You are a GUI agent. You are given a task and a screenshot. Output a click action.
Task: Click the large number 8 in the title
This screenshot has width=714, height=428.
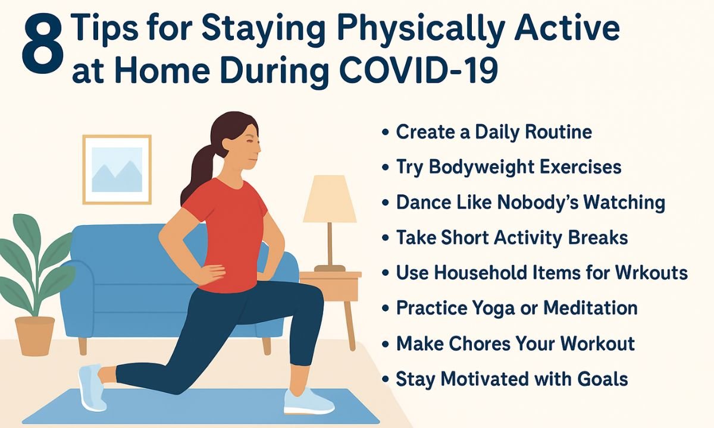pyautogui.click(x=42, y=44)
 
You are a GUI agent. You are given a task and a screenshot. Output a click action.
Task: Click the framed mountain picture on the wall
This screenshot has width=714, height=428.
pyautogui.click(x=117, y=169)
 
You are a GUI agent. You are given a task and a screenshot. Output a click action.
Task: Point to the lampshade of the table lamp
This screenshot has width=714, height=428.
pyautogui.click(x=330, y=199)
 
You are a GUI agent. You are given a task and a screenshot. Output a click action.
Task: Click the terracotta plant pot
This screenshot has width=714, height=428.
pyautogui.click(x=35, y=336)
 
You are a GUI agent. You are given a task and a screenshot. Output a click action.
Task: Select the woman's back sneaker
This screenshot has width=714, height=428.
pyautogui.click(x=90, y=387)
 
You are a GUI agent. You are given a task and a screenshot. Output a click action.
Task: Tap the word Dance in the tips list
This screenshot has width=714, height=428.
pyautogui.click(x=424, y=202)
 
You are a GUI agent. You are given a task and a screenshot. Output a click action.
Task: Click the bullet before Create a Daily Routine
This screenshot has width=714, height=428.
pyautogui.click(x=385, y=132)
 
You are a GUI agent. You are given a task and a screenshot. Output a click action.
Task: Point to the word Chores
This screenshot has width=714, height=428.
pyautogui.click(x=480, y=344)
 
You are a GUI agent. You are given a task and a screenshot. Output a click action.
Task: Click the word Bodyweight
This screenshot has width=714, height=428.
pyautogui.click(x=481, y=168)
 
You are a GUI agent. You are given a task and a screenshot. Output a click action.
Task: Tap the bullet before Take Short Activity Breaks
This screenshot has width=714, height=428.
pyautogui.click(x=385, y=238)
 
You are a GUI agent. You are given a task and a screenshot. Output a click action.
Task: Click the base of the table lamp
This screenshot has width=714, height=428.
pyautogui.click(x=330, y=269)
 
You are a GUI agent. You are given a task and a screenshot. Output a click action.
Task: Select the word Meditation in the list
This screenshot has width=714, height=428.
pyautogui.click(x=590, y=308)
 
